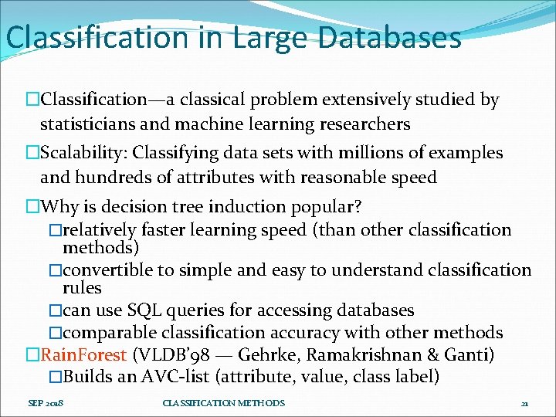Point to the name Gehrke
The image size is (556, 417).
266,355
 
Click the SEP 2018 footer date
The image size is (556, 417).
46,403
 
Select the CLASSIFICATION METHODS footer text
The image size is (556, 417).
224,403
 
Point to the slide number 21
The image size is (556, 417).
524,404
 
